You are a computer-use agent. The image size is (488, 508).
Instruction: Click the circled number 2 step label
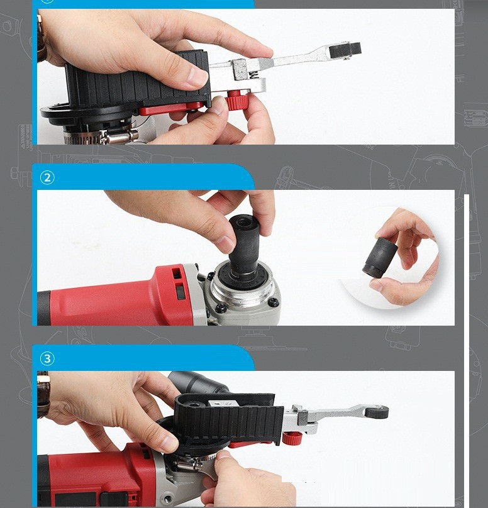click(47, 178)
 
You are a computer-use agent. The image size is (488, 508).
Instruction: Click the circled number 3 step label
click(47, 358)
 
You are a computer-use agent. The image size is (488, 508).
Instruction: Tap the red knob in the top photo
click(236, 101)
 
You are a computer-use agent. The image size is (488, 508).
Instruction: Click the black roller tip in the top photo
click(346, 49)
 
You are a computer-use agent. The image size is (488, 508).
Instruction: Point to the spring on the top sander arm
click(255, 76)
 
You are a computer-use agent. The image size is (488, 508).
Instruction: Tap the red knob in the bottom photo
click(292, 439)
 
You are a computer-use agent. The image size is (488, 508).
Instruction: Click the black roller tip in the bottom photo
click(377, 411)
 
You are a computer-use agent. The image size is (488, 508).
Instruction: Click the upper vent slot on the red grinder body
click(177, 273)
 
